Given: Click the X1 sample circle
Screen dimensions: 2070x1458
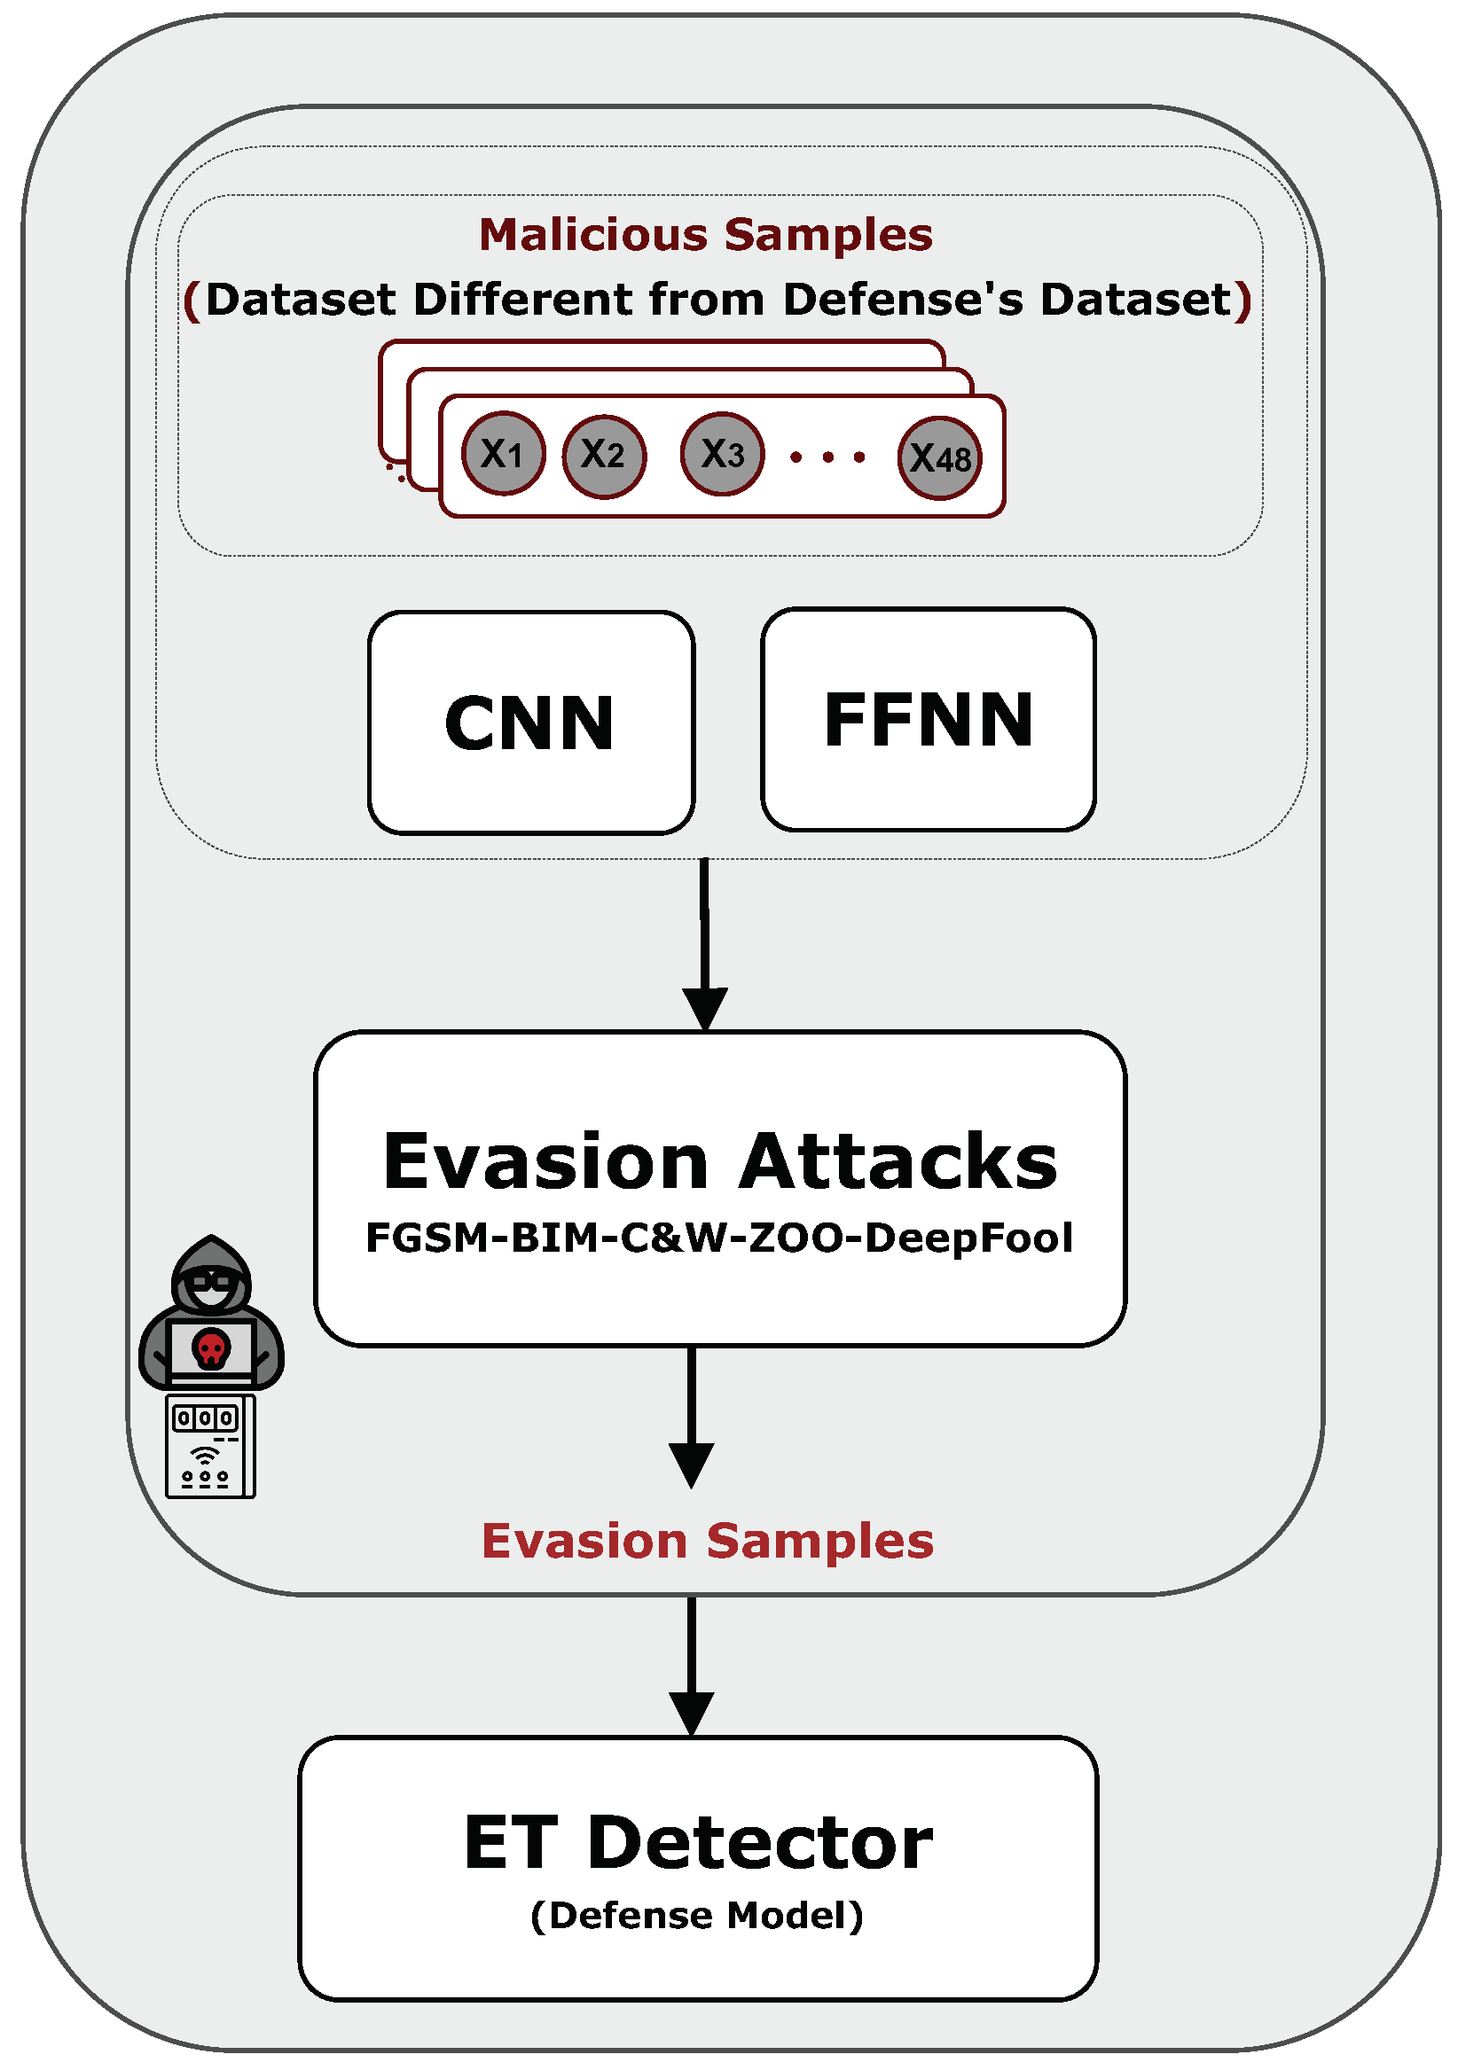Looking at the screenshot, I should pos(503,453).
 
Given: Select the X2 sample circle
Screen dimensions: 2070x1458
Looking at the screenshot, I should pos(603,456).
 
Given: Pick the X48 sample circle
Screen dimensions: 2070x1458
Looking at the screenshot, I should pos(938,458).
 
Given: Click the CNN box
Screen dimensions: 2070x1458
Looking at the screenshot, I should pos(530,723).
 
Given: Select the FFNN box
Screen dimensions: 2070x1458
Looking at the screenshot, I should pos(928,719).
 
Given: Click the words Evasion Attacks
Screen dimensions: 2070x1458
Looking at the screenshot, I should pos(719,1161).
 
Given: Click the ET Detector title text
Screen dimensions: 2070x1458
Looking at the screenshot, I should pos(698,1843).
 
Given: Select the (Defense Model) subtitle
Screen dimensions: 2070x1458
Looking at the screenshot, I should pos(697,1915).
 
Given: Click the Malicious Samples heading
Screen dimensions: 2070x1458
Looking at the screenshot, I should pos(705,234).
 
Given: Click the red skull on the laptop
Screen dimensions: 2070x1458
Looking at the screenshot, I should pos(211,1347).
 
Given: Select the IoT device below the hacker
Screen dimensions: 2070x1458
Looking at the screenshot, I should pos(210,1446).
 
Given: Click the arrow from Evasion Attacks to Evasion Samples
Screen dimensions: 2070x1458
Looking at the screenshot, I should pos(692,1416).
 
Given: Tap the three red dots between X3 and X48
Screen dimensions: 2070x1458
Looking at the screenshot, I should pos(827,458).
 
